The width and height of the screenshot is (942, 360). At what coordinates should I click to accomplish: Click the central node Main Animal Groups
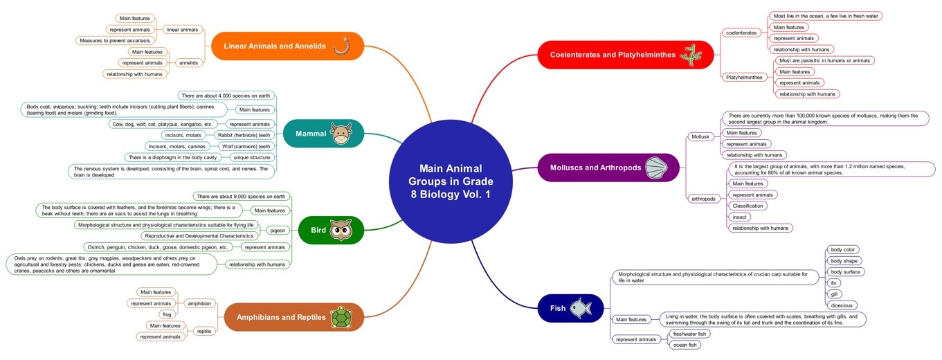click(x=450, y=181)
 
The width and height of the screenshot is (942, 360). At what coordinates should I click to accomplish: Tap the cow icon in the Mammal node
click(x=341, y=134)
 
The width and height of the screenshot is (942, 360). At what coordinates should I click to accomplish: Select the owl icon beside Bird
click(x=341, y=231)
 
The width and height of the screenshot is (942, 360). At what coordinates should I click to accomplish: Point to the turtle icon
click(x=340, y=318)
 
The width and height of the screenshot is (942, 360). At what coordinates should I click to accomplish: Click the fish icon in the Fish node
click(x=581, y=308)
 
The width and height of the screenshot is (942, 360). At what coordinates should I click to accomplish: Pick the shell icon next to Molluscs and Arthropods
click(x=657, y=168)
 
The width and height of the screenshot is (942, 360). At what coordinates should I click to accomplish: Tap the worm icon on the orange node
click(x=341, y=46)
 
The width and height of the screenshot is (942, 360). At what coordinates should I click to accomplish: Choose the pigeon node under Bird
click(x=277, y=230)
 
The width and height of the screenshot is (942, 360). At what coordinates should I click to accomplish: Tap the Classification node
click(x=748, y=206)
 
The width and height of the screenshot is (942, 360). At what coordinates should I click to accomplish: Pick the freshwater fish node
click(x=689, y=334)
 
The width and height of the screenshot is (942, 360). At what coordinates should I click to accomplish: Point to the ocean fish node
click(x=685, y=345)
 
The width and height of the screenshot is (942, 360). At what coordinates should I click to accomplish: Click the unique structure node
click(x=251, y=157)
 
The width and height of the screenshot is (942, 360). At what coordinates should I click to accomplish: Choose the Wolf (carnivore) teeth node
click(x=244, y=146)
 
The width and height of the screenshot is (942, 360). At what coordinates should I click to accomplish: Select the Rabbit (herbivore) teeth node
click(x=242, y=135)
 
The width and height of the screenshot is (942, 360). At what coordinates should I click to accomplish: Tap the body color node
click(x=844, y=249)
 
